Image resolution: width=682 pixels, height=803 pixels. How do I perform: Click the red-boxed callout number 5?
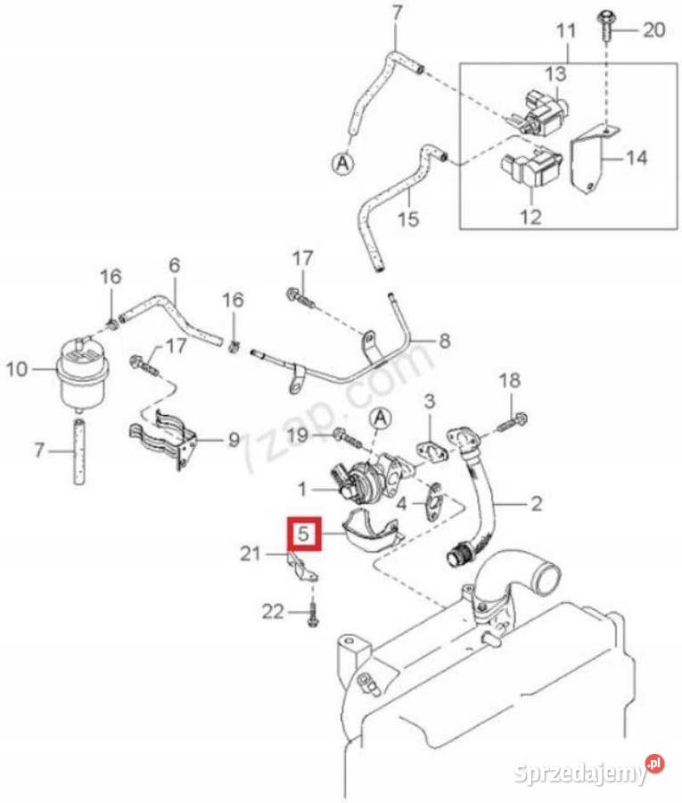[303, 534]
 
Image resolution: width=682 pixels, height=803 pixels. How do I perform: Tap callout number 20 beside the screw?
[653, 29]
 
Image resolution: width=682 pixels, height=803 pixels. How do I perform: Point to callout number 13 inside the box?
[555, 73]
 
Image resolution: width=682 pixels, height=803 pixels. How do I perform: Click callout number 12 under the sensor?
[531, 216]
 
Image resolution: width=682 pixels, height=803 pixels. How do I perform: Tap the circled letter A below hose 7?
[343, 163]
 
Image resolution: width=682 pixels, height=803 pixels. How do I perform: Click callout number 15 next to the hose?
[408, 219]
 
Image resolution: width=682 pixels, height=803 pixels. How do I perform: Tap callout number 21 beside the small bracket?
[251, 553]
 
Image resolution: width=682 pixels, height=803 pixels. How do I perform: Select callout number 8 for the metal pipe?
[445, 341]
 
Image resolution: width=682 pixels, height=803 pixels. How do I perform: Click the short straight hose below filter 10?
[78, 451]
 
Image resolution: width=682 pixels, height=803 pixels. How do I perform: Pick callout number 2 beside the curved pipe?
[536, 504]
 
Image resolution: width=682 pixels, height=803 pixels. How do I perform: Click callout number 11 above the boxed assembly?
[566, 30]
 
